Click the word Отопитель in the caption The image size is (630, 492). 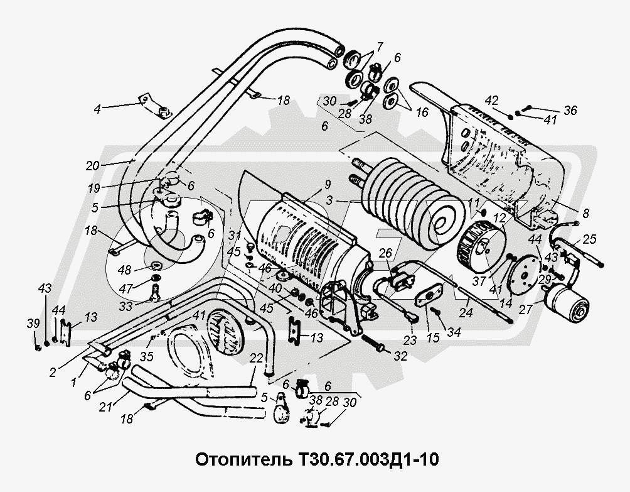click(x=243, y=459)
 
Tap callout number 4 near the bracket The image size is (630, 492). click(x=98, y=109)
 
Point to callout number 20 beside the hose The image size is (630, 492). click(x=92, y=165)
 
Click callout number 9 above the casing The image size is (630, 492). click(x=328, y=185)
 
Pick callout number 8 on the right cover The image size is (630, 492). click(x=585, y=213)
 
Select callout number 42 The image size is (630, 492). click(x=493, y=100)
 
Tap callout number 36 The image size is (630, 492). click(x=570, y=110)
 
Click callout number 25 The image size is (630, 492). click(x=589, y=239)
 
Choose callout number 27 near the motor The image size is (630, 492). click(x=525, y=309)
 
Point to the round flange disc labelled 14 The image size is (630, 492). click(x=522, y=275)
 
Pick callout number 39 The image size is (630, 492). click(x=33, y=324)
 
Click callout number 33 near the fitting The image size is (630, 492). click(x=125, y=307)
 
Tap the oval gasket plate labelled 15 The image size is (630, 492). click(x=429, y=294)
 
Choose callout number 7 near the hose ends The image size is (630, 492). click(x=380, y=45)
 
